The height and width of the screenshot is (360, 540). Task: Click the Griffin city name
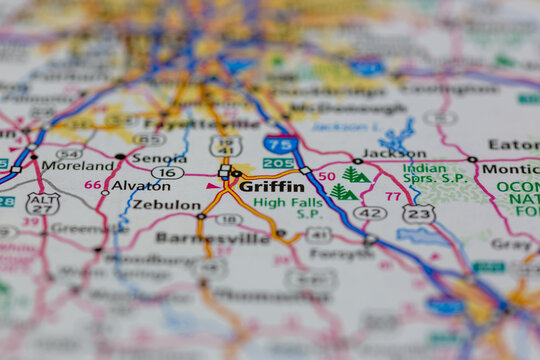[272, 186]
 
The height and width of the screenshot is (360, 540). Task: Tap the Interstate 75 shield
[281, 144]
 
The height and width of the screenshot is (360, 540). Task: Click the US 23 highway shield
[418, 213]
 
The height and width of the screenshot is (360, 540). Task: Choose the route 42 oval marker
[369, 213]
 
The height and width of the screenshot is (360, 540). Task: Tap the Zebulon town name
[167, 204]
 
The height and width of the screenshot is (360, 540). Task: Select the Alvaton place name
[140, 185]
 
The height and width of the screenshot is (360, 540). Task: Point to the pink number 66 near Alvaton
[93, 185]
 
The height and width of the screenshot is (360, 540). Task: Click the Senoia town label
[158, 158]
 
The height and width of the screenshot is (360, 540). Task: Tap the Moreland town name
[77, 165]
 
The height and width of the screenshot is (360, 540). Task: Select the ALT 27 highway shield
[43, 203]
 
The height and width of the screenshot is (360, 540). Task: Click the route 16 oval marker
[167, 172]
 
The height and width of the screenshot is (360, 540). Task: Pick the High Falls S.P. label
[288, 207]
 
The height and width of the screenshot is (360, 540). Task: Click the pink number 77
[393, 198]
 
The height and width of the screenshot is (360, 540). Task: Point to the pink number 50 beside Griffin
[326, 176]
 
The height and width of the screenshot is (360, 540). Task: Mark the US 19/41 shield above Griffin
[225, 146]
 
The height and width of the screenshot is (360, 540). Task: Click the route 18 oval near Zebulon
[229, 219]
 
